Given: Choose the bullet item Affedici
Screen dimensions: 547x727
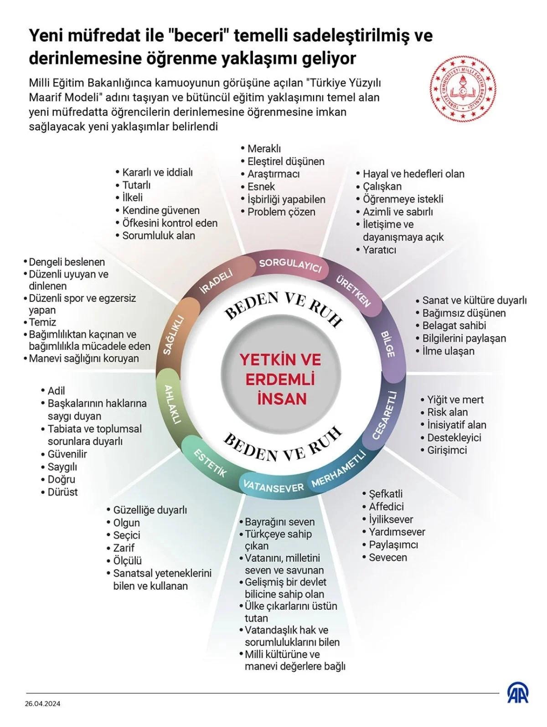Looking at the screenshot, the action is click(x=386, y=506).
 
